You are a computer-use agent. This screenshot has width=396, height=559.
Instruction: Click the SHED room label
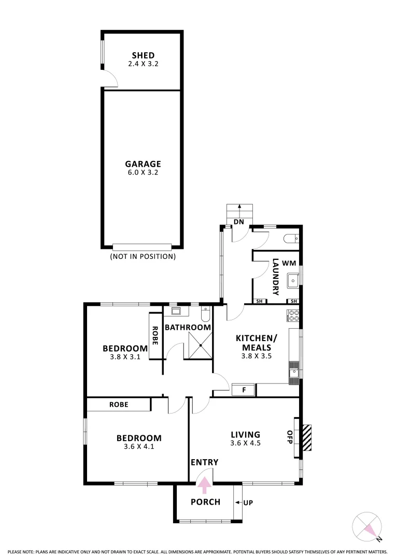143,56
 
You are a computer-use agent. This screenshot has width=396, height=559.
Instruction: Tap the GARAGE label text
143,164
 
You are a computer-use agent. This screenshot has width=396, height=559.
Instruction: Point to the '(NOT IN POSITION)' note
143,256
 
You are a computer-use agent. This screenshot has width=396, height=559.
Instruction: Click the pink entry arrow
205,485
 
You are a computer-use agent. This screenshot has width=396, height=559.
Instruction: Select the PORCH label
205,502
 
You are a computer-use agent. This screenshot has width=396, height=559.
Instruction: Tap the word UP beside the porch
248,503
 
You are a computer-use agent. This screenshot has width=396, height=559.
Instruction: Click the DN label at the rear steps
239,222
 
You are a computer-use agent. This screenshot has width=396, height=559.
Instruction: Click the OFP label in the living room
290,437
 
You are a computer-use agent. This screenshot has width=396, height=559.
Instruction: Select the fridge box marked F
244,390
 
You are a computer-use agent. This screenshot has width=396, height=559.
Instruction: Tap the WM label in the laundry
289,263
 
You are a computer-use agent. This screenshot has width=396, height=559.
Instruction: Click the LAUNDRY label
276,276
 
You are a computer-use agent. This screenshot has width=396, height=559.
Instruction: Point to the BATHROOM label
188,327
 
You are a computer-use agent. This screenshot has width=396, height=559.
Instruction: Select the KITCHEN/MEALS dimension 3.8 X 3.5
257,356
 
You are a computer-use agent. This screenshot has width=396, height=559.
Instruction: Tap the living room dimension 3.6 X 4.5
245,443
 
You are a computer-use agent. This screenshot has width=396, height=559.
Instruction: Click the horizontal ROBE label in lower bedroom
119,404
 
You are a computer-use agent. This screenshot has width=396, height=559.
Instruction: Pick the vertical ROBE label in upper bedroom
155,335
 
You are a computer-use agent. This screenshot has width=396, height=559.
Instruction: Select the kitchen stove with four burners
294,315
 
